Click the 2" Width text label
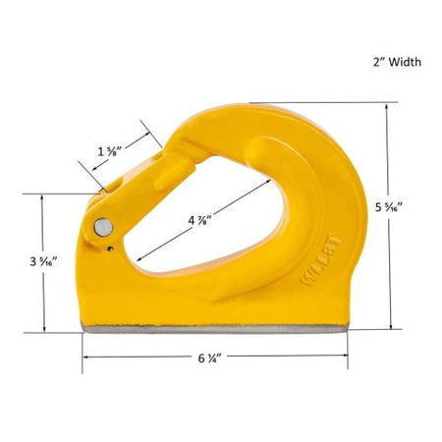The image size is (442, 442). (x=397, y=62)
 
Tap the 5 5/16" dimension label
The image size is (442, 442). (x=389, y=207)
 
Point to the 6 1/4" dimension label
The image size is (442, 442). (x=208, y=359)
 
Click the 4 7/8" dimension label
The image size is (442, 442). (x=199, y=220)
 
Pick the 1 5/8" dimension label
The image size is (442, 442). (x=110, y=151)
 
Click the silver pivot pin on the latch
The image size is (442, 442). (x=103, y=227)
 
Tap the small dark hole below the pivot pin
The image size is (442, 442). (x=110, y=249)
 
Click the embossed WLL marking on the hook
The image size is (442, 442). (x=321, y=260)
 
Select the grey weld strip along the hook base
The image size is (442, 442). (x=215, y=329)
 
